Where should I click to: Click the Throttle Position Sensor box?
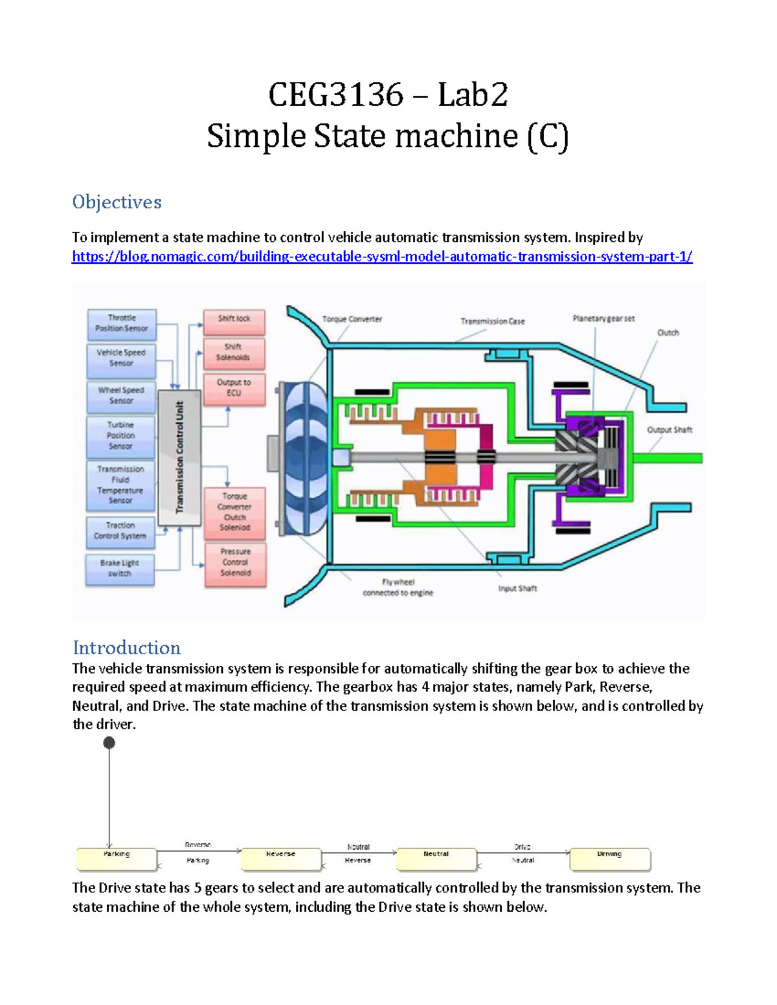[x=122, y=324]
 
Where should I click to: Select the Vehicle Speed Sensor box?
[x=121, y=359]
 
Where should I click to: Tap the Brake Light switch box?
[x=120, y=569]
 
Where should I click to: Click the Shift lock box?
[x=234, y=319]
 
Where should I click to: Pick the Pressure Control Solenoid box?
[x=235, y=562]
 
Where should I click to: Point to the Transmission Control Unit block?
[x=179, y=456]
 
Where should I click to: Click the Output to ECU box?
[x=234, y=388]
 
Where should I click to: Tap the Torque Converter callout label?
[x=352, y=319]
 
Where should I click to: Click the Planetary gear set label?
[x=603, y=318]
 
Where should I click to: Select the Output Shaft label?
[x=669, y=430]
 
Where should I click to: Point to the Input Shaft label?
[x=517, y=588]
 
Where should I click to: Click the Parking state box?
[x=117, y=859]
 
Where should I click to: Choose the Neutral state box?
[x=436, y=859]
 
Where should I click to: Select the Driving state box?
[x=609, y=859]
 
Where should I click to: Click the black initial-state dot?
[x=109, y=743]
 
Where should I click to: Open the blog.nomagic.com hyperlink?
[x=382, y=257]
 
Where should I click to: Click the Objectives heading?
[x=117, y=202]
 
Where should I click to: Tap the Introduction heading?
[x=126, y=648]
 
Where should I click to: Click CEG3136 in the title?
[x=335, y=95]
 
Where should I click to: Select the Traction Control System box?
[x=120, y=531]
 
